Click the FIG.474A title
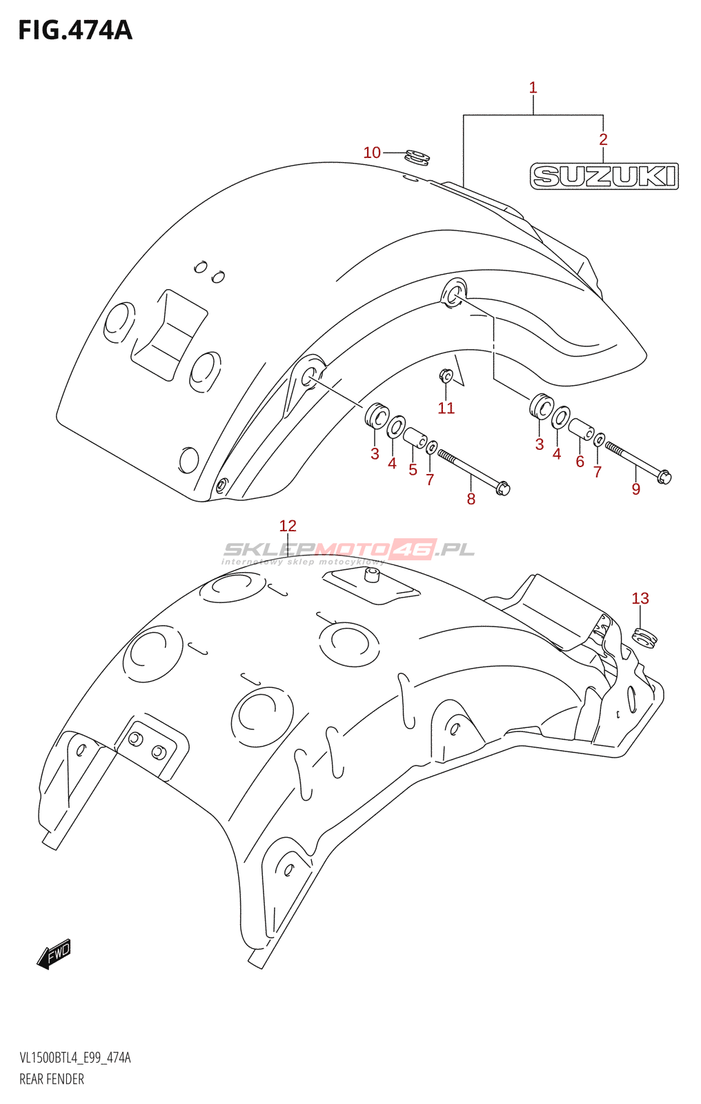(75, 30)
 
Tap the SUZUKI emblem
(604, 176)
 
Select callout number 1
(533, 88)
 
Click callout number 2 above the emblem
(603, 139)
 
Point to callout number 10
(372, 152)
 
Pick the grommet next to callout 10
(417, 158)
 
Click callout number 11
(446, 408)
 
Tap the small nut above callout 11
(446, 375)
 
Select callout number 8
(471, 499)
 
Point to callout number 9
(636, 489)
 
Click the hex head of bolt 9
(664, 476)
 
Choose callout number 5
(413, 470)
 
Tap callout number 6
(580, 462)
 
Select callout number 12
(288, 526)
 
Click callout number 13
(640, 598)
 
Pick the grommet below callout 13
(645, 636)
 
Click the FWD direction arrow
(54, 954)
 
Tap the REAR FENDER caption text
(52, 1079)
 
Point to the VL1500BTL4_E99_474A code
(75, 1058)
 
